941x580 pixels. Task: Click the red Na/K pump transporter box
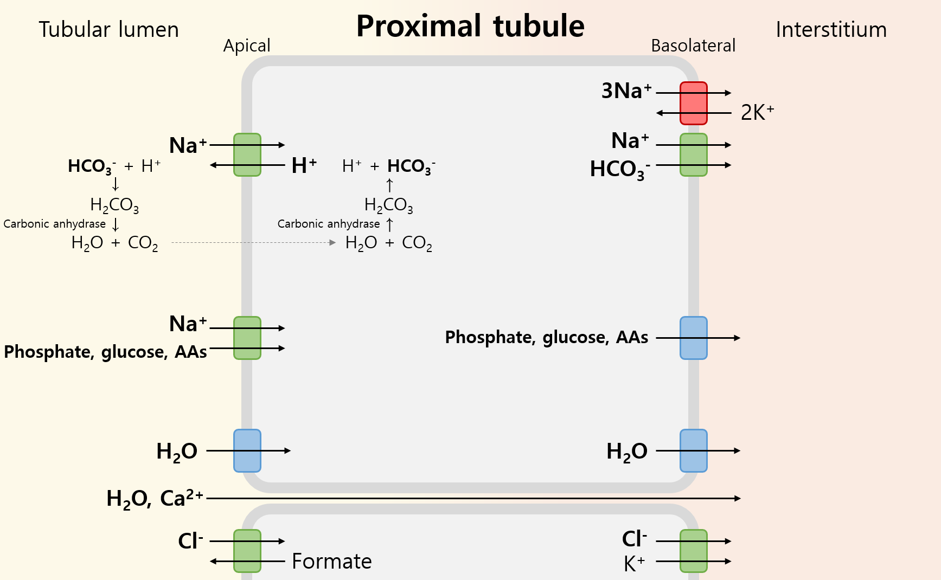[693, 103]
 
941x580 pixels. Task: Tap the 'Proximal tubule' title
[470, 26]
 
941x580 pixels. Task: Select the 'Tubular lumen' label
[108, 30]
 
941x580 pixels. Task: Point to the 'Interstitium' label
[831, 30]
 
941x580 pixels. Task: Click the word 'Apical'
[247, 46]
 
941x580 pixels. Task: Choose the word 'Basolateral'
[693, 46]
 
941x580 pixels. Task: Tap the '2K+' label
[757, 113]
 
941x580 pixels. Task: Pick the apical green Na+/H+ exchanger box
[247, 155]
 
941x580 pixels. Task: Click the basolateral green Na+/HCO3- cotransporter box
[693, 155]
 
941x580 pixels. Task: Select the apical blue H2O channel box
[247, 450]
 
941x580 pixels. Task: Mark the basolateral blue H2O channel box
[693, 450]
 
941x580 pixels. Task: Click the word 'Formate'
[331, 562]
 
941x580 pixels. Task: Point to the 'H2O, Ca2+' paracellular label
[155, 498]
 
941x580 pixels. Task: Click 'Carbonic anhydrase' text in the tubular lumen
[54, 224]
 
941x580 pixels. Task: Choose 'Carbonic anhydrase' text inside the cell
[328, 224]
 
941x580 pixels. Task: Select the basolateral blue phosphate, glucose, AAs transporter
[693, 338]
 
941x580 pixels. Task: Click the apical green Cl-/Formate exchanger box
[247, 551]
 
